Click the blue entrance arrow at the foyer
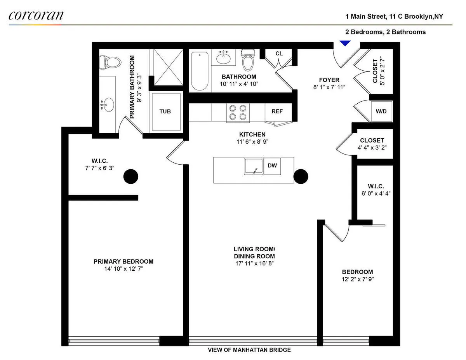click(345, 43)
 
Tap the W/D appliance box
click(381, 111)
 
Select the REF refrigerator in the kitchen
click(277, 111)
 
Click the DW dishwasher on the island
click(273, 166)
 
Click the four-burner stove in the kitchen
click(238, 113)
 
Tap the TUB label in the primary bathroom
click(165, 111)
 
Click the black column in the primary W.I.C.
click(130, 177)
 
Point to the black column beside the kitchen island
click(301, 177)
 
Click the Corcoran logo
click(36, 16)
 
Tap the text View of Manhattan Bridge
click(249, 350)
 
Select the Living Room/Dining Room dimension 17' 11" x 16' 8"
click(254, 263)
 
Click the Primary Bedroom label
click(123, 261)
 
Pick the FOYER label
click(329, 80)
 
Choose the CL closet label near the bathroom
click(279, 54)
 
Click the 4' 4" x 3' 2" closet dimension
click(372, 148)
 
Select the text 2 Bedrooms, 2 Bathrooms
click(386, 32)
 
